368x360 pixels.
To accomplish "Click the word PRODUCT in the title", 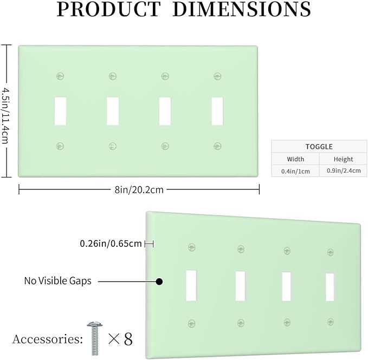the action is pos(108,9).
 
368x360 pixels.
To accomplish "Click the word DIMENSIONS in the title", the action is pos(242,9).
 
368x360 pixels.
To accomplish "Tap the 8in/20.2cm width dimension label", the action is pos(139,189).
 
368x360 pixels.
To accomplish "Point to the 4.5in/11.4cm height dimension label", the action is pos(5,115).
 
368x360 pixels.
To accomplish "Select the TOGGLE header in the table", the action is pos(319,147).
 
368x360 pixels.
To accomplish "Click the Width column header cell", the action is pos(295,159).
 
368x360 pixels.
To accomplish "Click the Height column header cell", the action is pos(343,159).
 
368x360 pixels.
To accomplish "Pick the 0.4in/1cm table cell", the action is pos(295,171).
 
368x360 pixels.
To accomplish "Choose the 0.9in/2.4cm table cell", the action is pos(344,171).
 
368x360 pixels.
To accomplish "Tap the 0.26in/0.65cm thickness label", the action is pos(111,244).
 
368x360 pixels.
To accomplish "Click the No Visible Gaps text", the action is pos(58,281).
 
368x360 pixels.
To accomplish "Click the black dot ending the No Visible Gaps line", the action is pos(159,282).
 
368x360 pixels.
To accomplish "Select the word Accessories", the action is pos(47,339).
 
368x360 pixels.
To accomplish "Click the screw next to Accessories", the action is pos(95,338).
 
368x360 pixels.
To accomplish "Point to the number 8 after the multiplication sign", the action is pos(128,339).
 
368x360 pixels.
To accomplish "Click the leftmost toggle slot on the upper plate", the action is pos(60,111).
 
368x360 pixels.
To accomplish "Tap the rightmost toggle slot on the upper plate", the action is pos(217,111).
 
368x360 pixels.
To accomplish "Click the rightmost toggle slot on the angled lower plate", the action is pos(330,287).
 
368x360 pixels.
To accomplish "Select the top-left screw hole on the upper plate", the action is pos(60,76).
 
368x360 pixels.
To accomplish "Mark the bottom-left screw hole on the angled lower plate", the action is pos(192,323).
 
